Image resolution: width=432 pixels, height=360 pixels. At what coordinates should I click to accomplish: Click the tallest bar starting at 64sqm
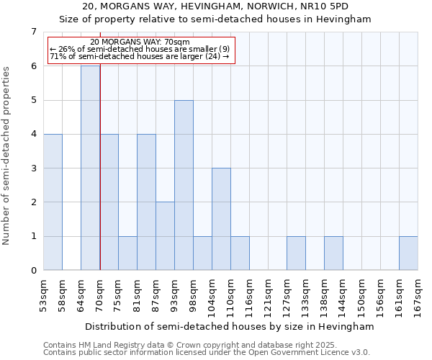pos(90,168)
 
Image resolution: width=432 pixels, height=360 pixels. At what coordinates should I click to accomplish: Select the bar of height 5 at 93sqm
pos(184,185)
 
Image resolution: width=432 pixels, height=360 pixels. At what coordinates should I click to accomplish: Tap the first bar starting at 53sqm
pos(53,202)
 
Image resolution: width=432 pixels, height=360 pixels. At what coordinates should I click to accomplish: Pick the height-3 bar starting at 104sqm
pos(221,219)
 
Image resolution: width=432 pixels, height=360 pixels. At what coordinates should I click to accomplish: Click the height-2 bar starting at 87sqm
pos(165,236)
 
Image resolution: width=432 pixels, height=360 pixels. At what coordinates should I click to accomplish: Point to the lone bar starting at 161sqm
pos(408,253)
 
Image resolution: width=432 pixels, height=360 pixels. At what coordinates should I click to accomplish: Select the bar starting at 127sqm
pos(296,253)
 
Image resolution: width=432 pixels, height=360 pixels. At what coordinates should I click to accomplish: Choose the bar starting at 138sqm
pos(333,253)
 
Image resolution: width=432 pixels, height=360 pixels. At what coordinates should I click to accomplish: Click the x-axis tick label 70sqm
pos(99,295)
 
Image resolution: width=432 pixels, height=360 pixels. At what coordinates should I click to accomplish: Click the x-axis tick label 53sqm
pos(43,295)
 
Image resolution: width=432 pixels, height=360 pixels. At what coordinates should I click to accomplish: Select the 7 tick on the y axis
pos(33,32)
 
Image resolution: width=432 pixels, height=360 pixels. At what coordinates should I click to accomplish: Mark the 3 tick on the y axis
pos(33,168)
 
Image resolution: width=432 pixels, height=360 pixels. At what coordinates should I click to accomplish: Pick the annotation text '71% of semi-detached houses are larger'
pos(140,56)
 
